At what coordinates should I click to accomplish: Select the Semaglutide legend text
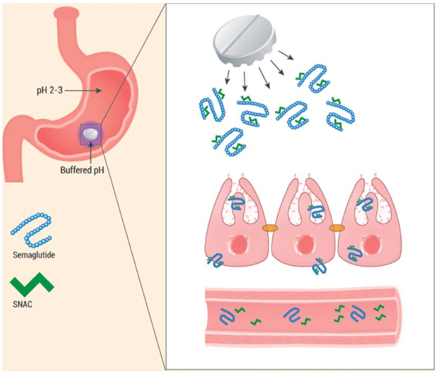coord(31,256)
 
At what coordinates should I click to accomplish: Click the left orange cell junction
coord(270,228)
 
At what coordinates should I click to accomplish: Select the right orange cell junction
coord(335,228)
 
